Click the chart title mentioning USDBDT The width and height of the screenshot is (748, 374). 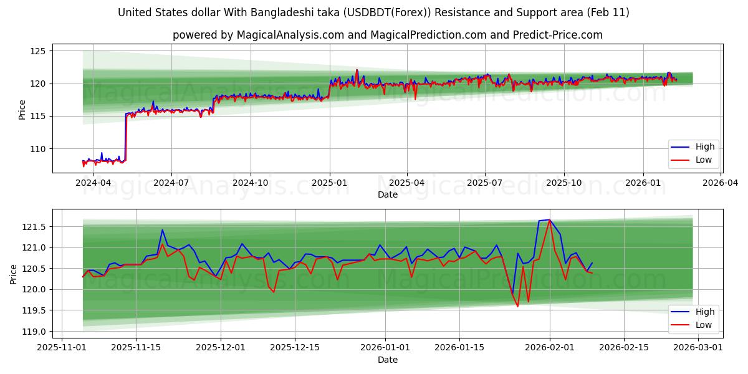pyautogui.click(x=373, y=12)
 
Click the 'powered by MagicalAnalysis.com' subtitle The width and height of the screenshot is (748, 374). pyautogui.click(x=387, y=35)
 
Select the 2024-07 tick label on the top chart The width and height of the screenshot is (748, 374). pyautogui.click(x=171, y=183)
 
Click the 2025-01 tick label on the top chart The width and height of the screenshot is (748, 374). pyautogui.click(x=329, y=183)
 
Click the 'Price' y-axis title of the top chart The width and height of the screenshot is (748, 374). pyautogui.click(x=22, y=110)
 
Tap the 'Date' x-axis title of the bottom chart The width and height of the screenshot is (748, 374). pyautogui.click(x=387, y=360)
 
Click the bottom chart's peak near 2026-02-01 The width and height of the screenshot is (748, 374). pyautogui.click(x=549, y=219)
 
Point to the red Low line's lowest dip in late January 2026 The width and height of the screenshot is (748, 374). pyautogui.click(x=517, y=306)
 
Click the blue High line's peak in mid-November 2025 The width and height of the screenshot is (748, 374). pyautogui.click(x=163, y=230)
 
